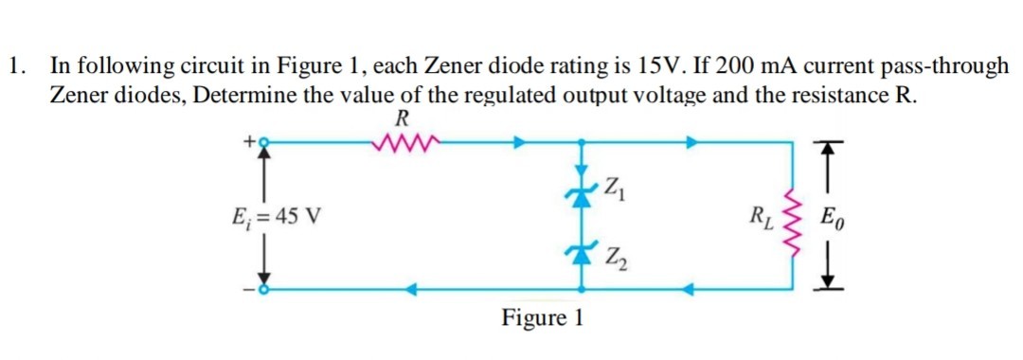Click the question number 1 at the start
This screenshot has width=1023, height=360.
14,66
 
